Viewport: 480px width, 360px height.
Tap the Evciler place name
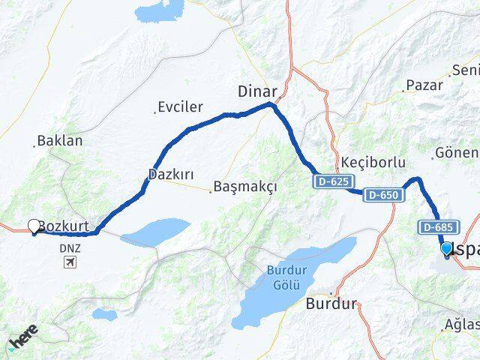click(180, 107)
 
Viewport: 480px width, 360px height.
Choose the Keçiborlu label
click(373, 163)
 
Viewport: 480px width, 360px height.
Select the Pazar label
click(424, 85)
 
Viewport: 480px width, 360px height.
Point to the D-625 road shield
click(331, 181)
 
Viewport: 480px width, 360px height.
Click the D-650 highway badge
click(384, 195)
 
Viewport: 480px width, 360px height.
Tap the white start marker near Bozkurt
click(34, 225)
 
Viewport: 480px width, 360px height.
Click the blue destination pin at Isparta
click(447, 249)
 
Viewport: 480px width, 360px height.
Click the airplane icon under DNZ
click(70, 262)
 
